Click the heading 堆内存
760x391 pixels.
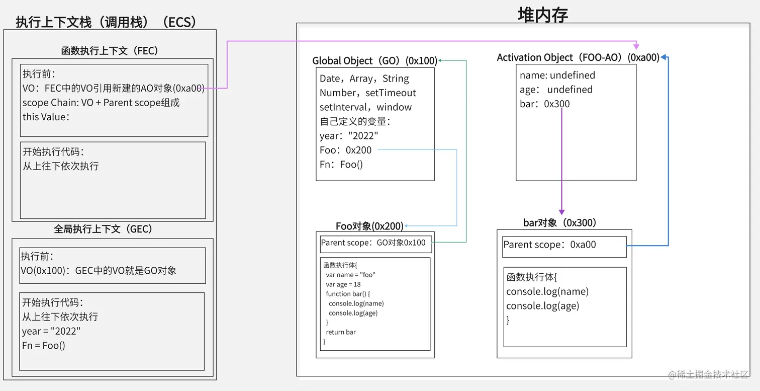pyautogui.click(x=543, y=15)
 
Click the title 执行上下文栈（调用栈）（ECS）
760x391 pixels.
pyautogui.click(x=106, y=22)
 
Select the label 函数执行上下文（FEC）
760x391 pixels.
pyautogui.click(x=110, y=51)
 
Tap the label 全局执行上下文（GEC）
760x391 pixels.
pyautogui.click(x=103, y=229)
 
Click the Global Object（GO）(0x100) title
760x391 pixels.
pyautogui.click(x=374, y=61)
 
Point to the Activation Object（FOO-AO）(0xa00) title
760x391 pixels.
pyautogui.click(x=578, y=58)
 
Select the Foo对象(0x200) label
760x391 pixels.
pyautogui.click(x=369, y=226)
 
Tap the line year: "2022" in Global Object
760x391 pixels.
pyautogui.click(x=349, y=136)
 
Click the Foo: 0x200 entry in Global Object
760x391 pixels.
pyautogui.click(x=346, y=150)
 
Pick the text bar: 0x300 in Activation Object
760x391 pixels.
pyautogui.click(x=545, y=104)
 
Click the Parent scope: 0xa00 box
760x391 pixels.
pyautogui.click(x=564, y=246)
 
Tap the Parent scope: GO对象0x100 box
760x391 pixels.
pyautogui.click(x=375, y=243)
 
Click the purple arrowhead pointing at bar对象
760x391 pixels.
pyautogui.click(x=561, y=212)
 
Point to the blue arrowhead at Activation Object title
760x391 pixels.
pyautogui.click(x=664, y=57)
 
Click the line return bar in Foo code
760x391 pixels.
pyautogui.click(x=340, y=332)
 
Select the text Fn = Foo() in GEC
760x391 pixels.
pyautogui.click(x=44, y=345)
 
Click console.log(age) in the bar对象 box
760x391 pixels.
pyautogui.click(x=542, y=306)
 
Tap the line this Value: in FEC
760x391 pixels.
pyautogui.click(x=46, y=117)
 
